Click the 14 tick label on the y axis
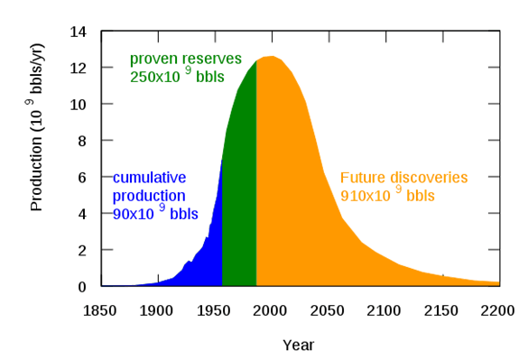(79, 32)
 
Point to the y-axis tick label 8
(82, 141)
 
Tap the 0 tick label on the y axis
(82, 287)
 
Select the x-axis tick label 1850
(99, 311)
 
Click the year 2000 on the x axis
(270, 311)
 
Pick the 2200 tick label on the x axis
(497, 311)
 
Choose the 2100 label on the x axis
(384, 311)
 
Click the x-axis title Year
(299, 346)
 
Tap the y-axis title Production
(36, 174)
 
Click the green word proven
(152, 60)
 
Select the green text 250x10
(155, 77)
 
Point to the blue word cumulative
(149, 178)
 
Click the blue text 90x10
(134, 214)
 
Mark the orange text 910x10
(366, 196)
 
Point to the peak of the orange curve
(272, 56)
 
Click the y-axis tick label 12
(79, 68)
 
